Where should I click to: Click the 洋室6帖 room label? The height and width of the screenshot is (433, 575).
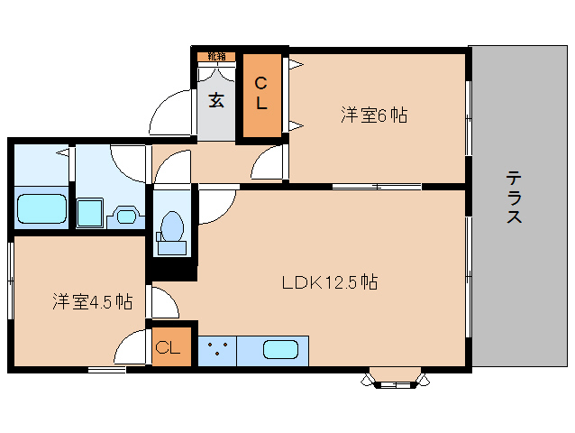pos(373,115)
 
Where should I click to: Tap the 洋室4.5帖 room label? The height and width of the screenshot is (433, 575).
pos(92,301)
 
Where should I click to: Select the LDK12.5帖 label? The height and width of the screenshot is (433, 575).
pos(329,281)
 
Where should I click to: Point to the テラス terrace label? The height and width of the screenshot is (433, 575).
pos(515,198)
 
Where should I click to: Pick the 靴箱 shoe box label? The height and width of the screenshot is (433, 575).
pos(217,57)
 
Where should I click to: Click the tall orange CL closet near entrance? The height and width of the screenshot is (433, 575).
pos(260,94)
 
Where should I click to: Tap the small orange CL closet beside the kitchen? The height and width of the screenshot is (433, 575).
pos(171,346)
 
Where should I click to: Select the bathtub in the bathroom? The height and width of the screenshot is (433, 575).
pos(42,207)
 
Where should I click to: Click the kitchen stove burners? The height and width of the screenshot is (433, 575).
pos(216,350)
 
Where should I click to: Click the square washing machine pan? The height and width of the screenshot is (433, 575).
pos(90,213)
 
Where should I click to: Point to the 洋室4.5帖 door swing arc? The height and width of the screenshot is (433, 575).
pos(133,348)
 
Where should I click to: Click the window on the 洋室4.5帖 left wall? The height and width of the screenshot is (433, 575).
pos(10,280)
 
